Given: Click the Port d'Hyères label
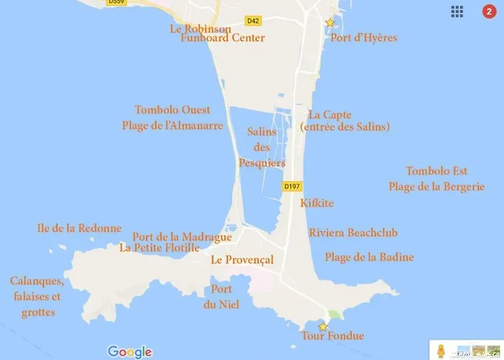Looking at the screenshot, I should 363,37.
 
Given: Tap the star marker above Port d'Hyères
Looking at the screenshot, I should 330,23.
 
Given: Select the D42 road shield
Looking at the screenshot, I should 253,20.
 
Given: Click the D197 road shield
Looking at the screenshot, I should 292,186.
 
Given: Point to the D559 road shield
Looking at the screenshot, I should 115,2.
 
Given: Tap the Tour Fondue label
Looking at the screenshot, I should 333,336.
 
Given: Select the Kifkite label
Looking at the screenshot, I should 317,203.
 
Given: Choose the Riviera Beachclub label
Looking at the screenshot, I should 353,233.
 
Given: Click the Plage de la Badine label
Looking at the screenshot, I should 369,257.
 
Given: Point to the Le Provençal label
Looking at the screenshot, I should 242,259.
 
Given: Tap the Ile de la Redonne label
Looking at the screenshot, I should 79,228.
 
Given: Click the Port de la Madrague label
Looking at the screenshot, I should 182,238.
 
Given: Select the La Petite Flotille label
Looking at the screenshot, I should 160,248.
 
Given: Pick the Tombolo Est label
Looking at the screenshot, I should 436,171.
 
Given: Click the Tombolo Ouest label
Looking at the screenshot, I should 173,109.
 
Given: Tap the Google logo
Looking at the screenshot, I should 130,351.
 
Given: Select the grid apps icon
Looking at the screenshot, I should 457,12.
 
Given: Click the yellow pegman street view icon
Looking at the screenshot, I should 441,351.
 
